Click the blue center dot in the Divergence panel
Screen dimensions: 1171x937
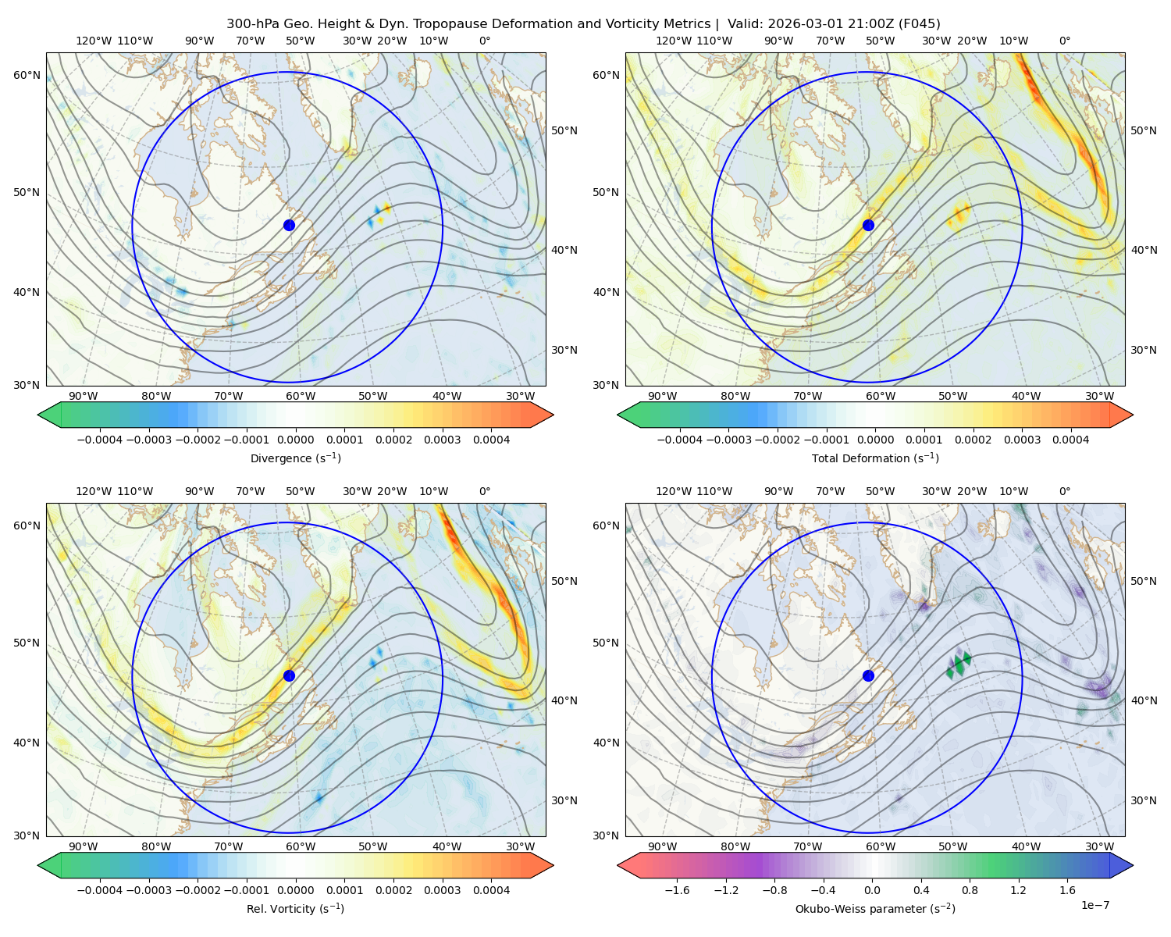[x=289, y=225]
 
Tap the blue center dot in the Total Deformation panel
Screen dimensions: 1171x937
[x=868, y=225]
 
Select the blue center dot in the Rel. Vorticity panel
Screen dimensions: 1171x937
[x=289, y=675]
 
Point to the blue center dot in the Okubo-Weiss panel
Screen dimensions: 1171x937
[x=868, y=675]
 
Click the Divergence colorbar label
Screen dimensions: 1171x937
[x=295, y=458]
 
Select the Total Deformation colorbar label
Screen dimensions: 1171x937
[x=875, y=458]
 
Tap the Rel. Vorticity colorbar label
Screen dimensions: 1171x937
[x=295, y=908]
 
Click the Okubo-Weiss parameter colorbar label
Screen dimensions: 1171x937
[x=875, y=908]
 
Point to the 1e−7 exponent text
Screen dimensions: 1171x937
[x=1094, y=905]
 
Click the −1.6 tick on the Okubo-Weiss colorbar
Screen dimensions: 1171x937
[x=677, y=890]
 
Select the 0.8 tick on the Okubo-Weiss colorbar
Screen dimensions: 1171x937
[x=970, y=890]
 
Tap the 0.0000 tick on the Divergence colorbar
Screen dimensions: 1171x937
[x=295, y=440]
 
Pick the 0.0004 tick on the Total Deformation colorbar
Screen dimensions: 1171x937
[x=1070, y=440]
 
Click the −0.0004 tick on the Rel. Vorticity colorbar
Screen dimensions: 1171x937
[x=100, y=890]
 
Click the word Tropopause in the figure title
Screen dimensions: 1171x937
[x=455, y=24]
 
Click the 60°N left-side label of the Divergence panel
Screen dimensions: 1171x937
[x=27, y=75]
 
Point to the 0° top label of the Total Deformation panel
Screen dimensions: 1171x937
[x=1064, y=41]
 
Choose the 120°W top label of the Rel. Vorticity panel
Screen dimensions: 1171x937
[x=94, y=491]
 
